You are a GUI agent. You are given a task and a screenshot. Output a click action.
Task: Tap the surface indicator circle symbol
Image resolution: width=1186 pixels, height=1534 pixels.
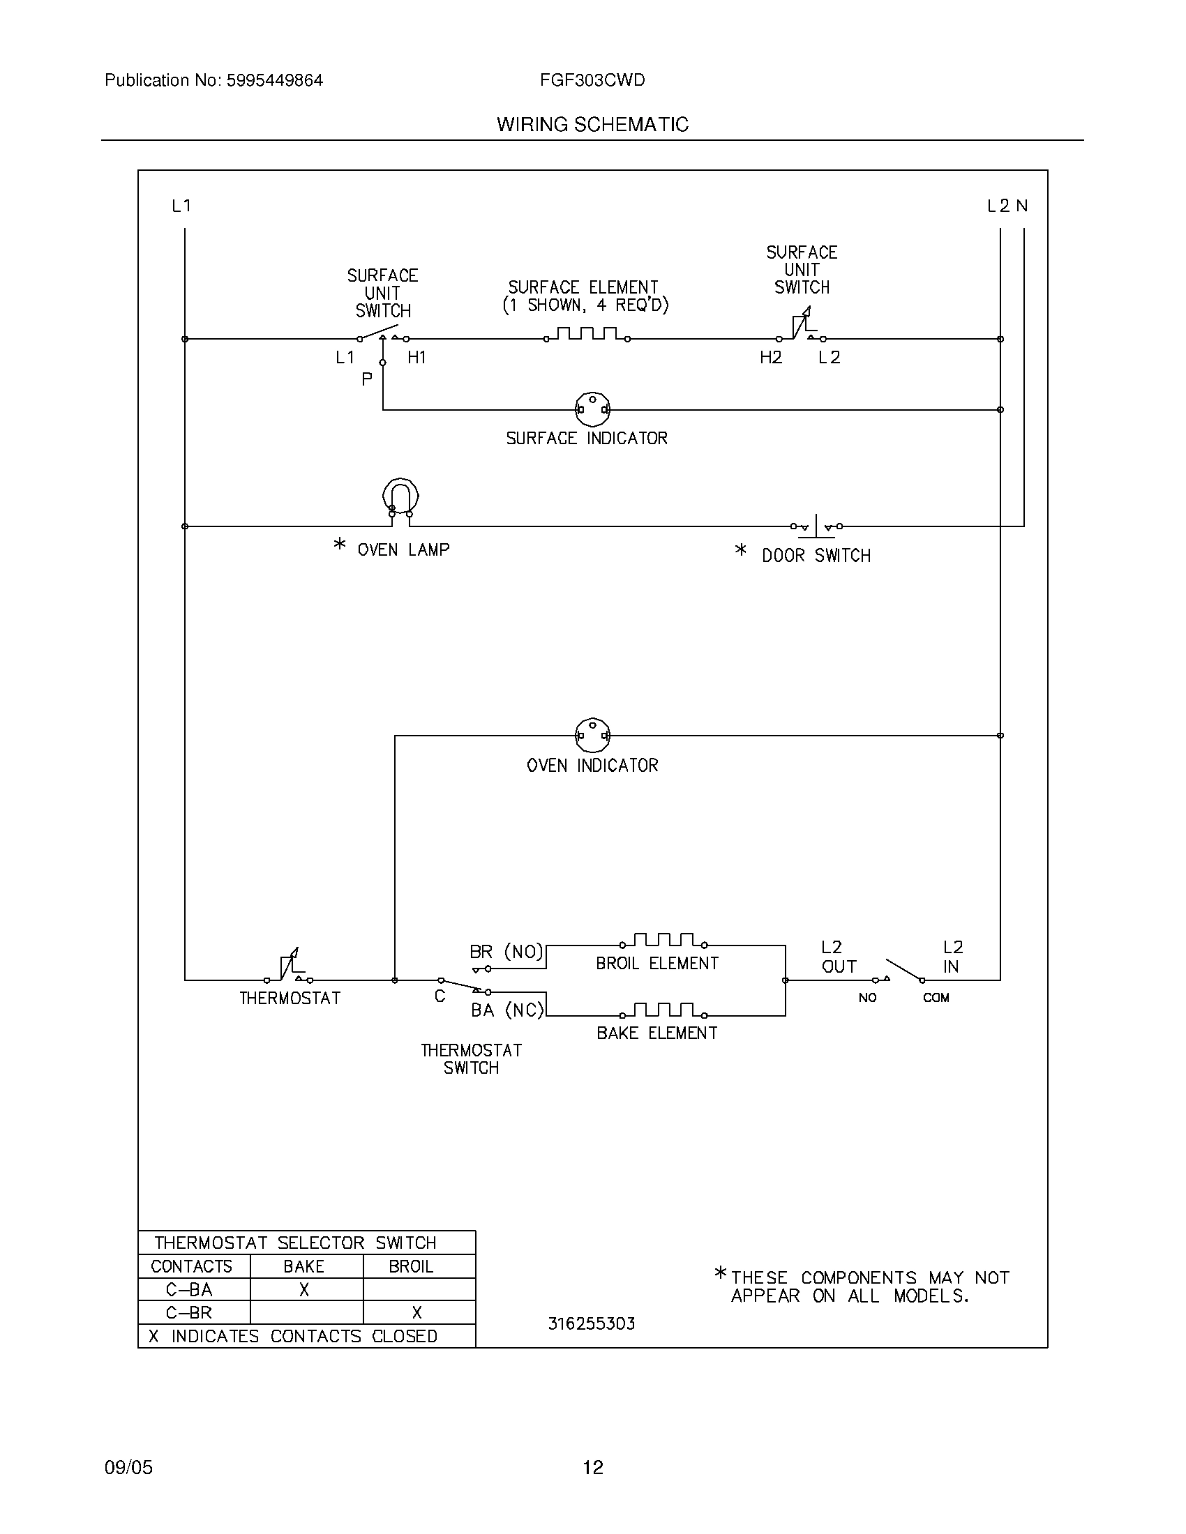(592, 409)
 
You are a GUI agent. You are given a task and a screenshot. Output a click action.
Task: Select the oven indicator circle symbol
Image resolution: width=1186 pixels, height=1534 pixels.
(592, 736)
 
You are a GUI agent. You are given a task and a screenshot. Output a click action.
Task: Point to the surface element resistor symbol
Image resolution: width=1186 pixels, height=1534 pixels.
(587, 334)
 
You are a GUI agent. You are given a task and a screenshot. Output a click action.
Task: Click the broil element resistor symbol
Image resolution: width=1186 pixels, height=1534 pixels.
(663, 941)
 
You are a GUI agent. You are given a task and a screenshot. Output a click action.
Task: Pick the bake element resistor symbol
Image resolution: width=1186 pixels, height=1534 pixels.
(663, 1012)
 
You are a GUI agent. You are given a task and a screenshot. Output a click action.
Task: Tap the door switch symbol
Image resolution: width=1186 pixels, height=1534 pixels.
(816, 525)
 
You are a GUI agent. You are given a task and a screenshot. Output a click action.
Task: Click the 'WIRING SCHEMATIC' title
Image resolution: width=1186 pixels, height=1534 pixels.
(592, 124)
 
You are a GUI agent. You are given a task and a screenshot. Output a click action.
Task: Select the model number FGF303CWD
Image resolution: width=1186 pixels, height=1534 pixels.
(592, 80)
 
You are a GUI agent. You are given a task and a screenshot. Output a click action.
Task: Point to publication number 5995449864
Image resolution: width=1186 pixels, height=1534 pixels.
(274, 80)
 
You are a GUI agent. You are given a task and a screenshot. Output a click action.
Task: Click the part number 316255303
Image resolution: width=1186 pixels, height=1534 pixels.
(591, 1324)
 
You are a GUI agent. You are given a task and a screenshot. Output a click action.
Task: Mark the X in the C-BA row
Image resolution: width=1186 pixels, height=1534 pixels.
(304, 1289)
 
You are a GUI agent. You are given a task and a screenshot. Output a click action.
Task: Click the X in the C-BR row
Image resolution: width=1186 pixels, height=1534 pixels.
(416, 1313)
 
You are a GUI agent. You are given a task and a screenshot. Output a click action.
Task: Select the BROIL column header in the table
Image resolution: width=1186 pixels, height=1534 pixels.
(411, 1266)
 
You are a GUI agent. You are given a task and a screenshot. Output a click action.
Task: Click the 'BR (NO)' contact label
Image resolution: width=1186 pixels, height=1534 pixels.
(506, 952)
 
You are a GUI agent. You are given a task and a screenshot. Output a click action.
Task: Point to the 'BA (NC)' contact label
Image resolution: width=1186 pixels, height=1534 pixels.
(507, 1010)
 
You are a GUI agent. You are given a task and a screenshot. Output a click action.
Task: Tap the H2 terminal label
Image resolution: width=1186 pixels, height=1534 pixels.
(771, 358)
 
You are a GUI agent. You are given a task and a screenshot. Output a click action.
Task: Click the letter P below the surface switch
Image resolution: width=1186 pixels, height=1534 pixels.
(366, 380)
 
